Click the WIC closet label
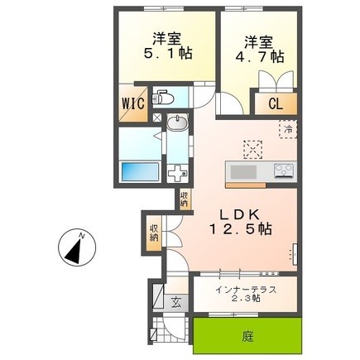[x=133, y=103]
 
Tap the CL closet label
[x=276, y=104]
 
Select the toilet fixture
[x=162, y=97]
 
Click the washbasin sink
[x=177, y=122]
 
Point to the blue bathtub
[x=141, y=171]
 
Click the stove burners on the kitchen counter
[x=284, y=171]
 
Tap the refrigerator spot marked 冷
[x=288, y=129]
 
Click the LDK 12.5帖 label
[x=241, y=222]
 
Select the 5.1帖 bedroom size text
[x=168, y=53]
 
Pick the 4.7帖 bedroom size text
[x=259, y=56]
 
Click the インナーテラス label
[x=246, y=290]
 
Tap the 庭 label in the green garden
[x=247, y=337]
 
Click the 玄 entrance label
[x=175, y=303]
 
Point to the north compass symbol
[x=77, y=247]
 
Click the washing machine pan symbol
[x=178, y=173]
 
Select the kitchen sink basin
[x=243, y=173]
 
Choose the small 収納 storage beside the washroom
[x=185, y=199]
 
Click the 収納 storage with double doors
[x=154, y=233]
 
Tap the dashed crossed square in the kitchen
[x=252, y=150]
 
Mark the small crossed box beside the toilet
[x=158, y=118]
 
